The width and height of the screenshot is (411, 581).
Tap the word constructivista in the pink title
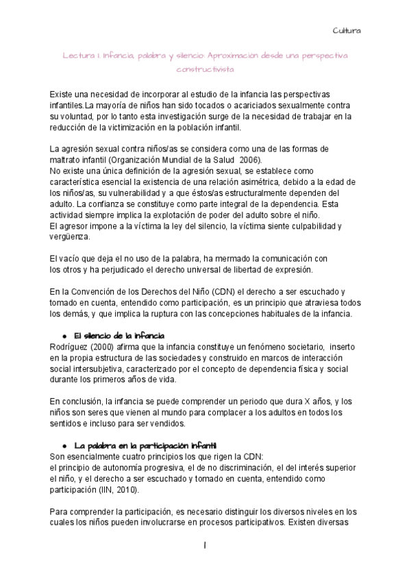click(x=205, y=70)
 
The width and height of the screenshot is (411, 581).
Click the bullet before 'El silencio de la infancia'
click(x=64, y=335)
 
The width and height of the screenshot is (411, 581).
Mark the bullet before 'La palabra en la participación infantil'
click(x=64, y=445)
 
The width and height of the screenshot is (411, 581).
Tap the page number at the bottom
click(x=205, y=545)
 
